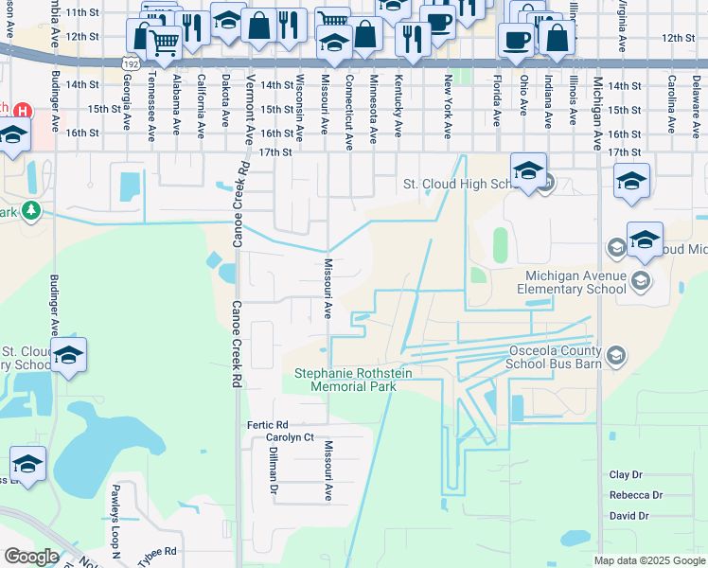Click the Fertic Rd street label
pyautogui.click(x=268, y=424)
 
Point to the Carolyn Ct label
pyautogui.click(x=289, y=438)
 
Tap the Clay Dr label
pyautogui.click(x=626, y=475)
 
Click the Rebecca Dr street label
pyautogui.click(x=636, y=495)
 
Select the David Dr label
pyautogui.click(x=628, y=516)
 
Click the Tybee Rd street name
pyautogui.click(x=157, y=551)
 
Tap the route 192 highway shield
pyautogui.click(x=131, y=62)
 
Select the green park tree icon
pyautogui.click(x=32, y=209)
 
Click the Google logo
pyautogui.click(x=31, y=557)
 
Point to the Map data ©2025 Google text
pyautogui.click(x=649, y=560)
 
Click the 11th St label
pyautogui.click(x=83, y=11)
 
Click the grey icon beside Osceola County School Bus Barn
pyautogui.click(x=616, y=355)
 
